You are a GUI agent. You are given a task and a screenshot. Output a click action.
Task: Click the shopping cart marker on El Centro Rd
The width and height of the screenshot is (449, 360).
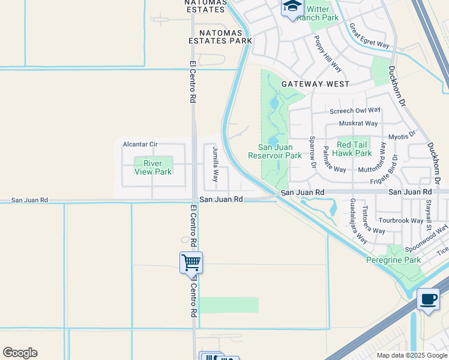[x=191, y=262]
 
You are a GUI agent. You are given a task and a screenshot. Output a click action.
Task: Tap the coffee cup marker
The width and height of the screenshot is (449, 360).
[x=427, y=299]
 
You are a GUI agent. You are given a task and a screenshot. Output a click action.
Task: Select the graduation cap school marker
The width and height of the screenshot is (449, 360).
[x=292, y=7]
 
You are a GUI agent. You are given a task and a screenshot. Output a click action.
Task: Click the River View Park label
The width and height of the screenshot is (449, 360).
[x=153, y=167]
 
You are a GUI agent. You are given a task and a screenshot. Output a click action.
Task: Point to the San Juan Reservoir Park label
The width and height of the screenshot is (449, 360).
[x=275, y=151]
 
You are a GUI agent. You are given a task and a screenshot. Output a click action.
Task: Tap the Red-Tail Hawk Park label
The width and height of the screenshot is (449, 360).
[x=354, y=149]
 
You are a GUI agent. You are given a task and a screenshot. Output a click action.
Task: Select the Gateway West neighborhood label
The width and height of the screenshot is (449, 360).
[x=315, y=85]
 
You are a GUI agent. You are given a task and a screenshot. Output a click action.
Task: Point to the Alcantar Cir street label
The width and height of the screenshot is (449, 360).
[x=140, y=145]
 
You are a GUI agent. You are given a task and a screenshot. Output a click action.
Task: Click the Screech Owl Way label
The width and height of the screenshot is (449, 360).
[x=355, y=110]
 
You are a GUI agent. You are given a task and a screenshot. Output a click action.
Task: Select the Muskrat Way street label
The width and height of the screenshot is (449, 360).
[x=358, y=124]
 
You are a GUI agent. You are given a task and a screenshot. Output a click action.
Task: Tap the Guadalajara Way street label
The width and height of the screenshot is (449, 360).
[x=358, y=220]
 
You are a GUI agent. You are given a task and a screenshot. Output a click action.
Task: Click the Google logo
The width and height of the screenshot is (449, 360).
[x=20, y=353]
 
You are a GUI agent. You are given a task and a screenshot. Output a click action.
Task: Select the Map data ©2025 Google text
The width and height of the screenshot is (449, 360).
[x=412, y=355]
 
